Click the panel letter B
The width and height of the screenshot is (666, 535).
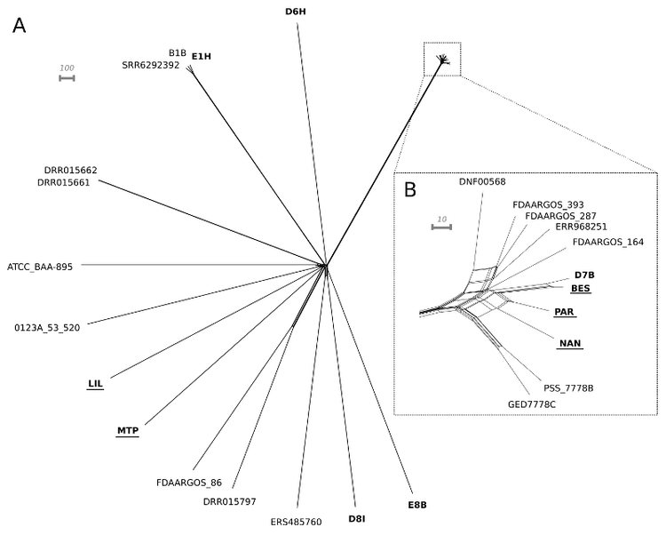[x=410, y=188]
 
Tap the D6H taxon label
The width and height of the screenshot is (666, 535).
[x=296, y=12]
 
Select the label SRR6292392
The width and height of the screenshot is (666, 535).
[x=150, y=65]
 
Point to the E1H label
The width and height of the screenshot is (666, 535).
[x=202, y=57]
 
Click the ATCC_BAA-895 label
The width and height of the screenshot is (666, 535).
[x=40, y=266]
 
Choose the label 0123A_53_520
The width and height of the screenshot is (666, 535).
[x=47, y=327]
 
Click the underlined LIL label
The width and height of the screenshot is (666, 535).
[x=96, y=384]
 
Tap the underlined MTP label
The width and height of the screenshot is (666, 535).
[x=128, y=431]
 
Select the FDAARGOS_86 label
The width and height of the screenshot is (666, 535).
[x=188, y=483]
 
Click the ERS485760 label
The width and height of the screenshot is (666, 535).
[x=297, y=522]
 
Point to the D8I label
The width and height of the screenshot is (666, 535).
[x=356, y=518]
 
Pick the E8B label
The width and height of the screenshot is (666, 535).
[x=417, y=505]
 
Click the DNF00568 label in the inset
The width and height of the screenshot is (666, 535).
[x=482, y=181]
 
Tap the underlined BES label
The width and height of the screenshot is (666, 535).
[x=581, y=289]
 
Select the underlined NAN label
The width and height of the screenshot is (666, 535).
[x=570, y=342]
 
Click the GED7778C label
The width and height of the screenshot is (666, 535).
[x=532, y=404]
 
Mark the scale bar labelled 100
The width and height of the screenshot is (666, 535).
[x=67, y=78]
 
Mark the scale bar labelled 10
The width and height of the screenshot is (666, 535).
[x=441, y=227]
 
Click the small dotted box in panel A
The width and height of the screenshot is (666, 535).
[x=442, y=59]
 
